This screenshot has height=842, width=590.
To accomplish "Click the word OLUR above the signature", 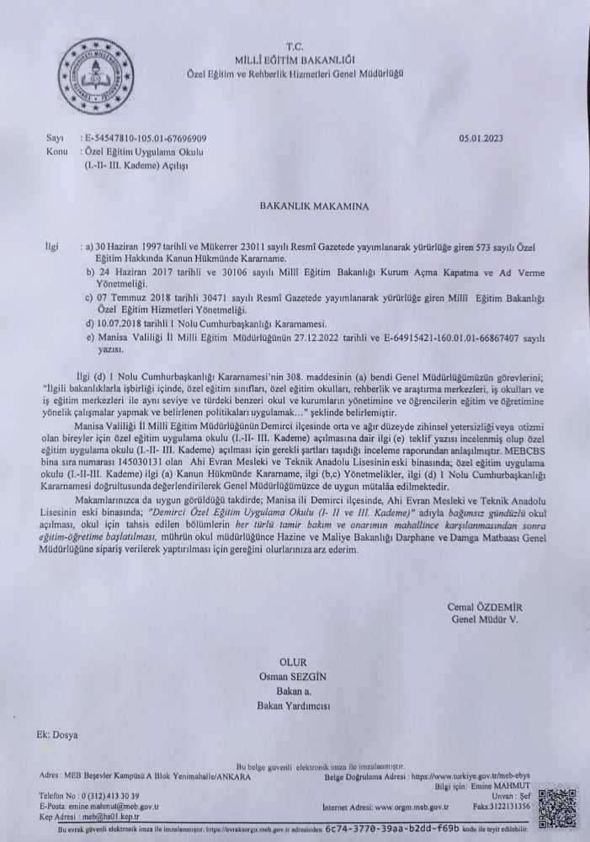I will pyautogui.click(x=295, y=663).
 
